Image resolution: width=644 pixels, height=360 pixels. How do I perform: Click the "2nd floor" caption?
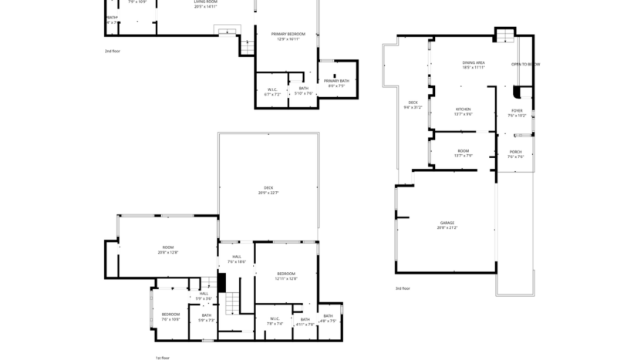click(x=113, y=51)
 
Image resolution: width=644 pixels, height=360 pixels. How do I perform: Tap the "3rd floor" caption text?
click(x=403, y=288)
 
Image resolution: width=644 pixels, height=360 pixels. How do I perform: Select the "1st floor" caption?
click(x=162, y=358)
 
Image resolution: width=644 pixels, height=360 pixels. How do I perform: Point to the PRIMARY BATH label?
click(x=336, y=82)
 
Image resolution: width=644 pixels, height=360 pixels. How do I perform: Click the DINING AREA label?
click(x=473, y=64)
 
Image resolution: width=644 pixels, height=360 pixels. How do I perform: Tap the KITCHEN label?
click(x=463, y=111)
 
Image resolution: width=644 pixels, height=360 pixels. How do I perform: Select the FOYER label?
click(x=517, y=113)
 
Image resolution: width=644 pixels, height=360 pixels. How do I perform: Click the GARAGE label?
click(x=447, y=224)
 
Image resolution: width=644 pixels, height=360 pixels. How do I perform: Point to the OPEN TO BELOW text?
click(x=525, y=64)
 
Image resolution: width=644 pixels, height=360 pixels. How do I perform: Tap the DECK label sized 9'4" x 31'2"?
click(x=413, y=105)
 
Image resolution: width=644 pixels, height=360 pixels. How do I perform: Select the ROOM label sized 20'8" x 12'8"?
click(x=167, y=249)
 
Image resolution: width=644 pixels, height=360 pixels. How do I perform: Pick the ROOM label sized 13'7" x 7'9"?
click(x=463, y=153)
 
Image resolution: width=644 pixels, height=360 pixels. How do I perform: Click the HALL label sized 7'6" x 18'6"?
click(x=235, y=259)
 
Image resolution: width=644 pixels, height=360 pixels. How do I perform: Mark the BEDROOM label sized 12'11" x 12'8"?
click(x=286, y=276)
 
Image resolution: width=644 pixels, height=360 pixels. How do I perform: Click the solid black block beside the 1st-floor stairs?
click(x=221, y=282)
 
